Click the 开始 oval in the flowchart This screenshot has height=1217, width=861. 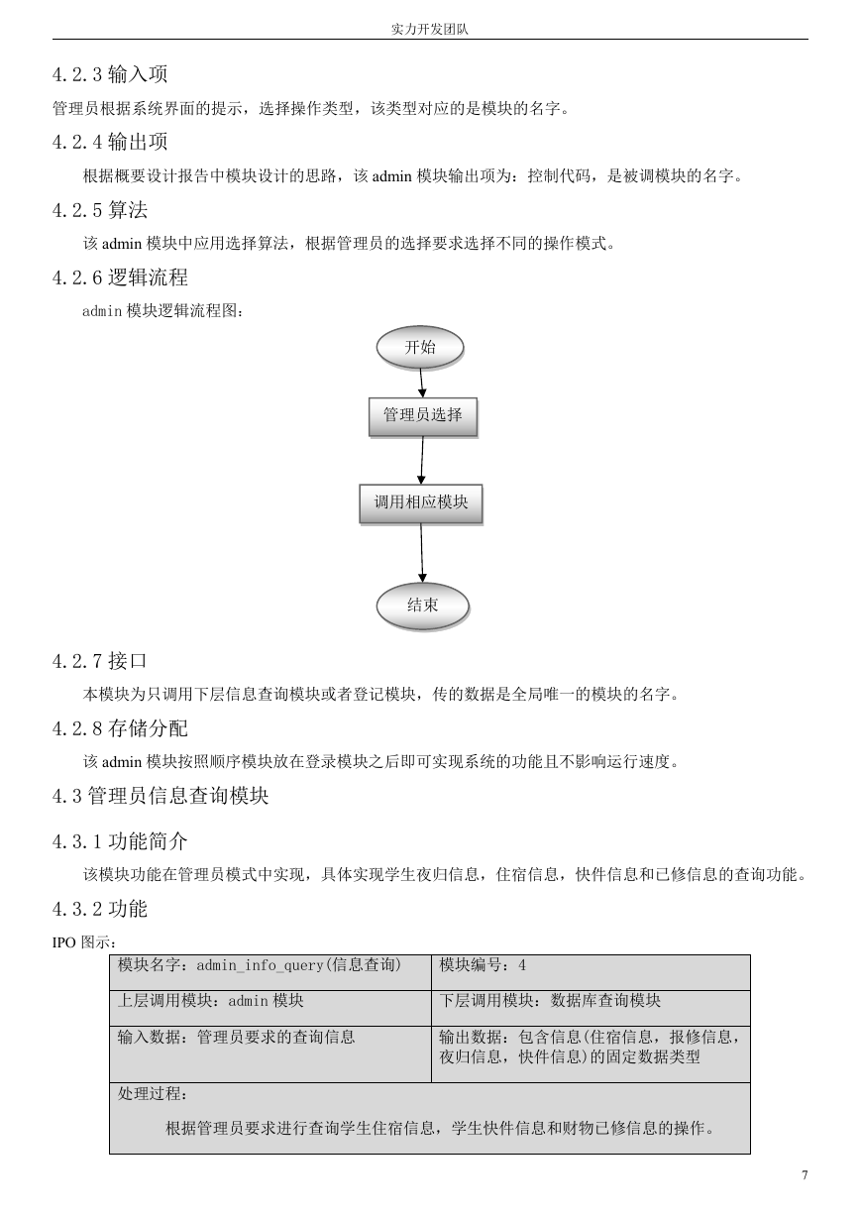click(420, 347)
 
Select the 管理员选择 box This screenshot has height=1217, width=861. click(423, 416)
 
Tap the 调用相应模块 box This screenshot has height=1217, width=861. click(421, 503)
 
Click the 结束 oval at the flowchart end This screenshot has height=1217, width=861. click(423, 606)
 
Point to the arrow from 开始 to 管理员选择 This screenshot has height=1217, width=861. click(421, 383)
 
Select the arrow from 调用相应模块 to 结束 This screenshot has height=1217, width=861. click(421, 553)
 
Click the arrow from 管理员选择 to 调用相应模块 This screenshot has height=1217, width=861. click(421, 460)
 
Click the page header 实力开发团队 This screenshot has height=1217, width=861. click(429, 30)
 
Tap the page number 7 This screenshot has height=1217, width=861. click(805, 1174)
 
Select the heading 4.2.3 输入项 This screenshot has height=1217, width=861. click(110, 74)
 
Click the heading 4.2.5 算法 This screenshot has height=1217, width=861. click(100, 210)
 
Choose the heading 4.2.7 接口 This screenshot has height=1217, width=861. click(100, 661)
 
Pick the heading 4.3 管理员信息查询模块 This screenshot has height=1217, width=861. click(161, 796)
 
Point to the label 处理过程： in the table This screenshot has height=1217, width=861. click(153, 1093)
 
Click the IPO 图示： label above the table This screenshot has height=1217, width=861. click(84, 942)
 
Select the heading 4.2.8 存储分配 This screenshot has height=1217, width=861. click(120, 728)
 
